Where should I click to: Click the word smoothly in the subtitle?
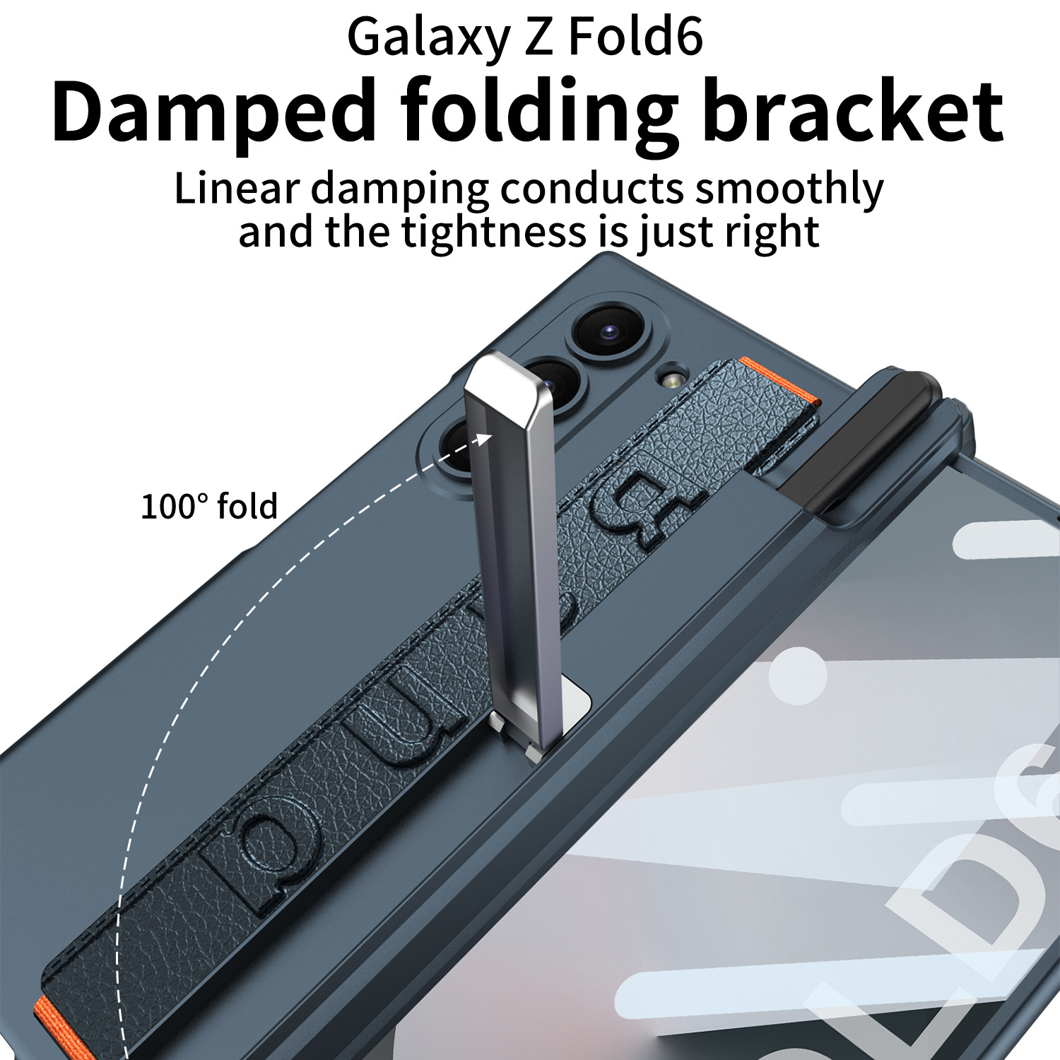789,189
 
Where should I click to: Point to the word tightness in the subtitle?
494,231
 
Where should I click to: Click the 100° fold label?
209,507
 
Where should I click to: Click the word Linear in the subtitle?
236,189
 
